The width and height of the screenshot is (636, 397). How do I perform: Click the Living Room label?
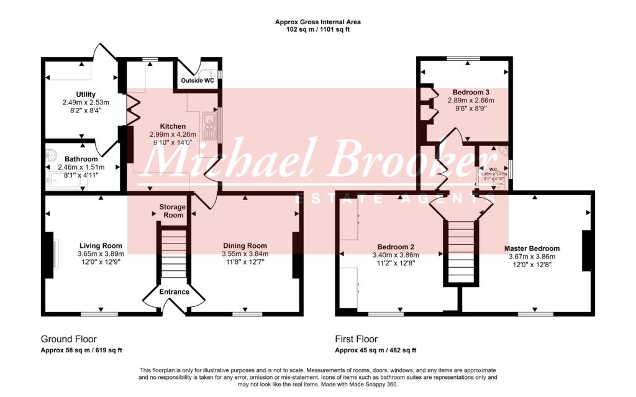tap(100, 245)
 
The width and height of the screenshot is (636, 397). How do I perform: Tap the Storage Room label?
tap(171, 211)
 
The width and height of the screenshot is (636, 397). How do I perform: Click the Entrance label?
tap(174, 291)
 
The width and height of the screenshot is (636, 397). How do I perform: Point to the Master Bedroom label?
tap(532, 249)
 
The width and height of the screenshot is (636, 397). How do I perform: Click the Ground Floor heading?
tap(68, 339)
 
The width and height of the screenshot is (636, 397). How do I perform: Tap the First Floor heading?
tap(356, 339)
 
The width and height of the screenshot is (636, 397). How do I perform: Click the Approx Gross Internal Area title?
tap(317, 22)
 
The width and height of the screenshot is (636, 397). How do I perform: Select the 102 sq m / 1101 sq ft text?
tap(317, 29)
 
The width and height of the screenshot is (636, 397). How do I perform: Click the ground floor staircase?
tap(173, 255)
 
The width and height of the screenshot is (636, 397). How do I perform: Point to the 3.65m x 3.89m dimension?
tap(100, 253)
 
